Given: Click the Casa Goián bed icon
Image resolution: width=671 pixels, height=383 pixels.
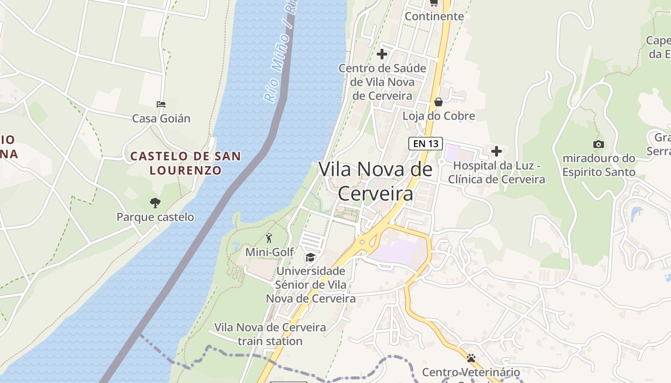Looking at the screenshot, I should (x=161, y=104).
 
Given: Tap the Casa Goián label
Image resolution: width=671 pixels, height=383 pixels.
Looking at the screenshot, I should (x=161, y=118).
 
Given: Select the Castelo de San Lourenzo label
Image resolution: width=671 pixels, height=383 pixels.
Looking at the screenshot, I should (x=185, y=163).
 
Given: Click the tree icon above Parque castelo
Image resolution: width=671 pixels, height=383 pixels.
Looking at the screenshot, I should (x=155, y=203).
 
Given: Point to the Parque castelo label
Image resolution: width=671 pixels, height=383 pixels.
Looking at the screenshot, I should (x=155, y=217).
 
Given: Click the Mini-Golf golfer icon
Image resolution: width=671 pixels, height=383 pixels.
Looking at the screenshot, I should (x=269, y=238).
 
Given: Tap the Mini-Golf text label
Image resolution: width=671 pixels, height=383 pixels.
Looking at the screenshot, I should (x=270, y=252).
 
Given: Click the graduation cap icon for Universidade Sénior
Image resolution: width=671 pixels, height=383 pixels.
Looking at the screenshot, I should (x=311, y=258).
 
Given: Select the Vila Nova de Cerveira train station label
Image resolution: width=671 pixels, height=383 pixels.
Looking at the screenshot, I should (x=270, y=334).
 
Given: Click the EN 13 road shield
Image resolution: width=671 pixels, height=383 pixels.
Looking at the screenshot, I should (x=425, y=144).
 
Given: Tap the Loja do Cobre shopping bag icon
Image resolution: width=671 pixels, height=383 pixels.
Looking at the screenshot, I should (x=438, y=102).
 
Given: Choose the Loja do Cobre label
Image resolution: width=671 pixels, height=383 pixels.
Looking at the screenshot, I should (x=439, y=116).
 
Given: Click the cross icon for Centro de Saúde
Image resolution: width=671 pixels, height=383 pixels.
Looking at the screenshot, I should (x=382, y=54).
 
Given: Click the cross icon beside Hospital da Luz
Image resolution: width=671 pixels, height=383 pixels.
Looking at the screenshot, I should (x=497, y=151).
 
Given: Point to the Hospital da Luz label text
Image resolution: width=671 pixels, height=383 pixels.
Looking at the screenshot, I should (x=497, y=172).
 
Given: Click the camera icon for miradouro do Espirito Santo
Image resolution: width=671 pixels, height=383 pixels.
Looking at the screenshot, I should (x=598, y=144).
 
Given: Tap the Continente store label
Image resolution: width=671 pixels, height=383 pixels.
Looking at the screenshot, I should (x=434, y=16).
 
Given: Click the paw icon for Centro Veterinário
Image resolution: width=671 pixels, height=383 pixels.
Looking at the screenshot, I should (x=471, y=358).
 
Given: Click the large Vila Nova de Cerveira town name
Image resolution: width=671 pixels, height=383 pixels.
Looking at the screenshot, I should (x=375, y=181).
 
